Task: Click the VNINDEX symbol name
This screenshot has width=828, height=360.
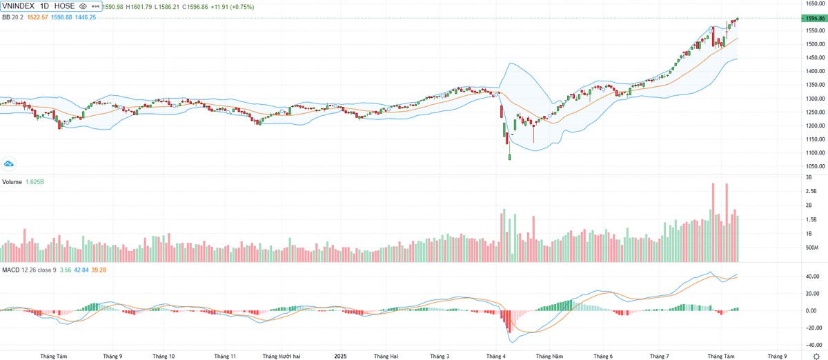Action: point(19,6)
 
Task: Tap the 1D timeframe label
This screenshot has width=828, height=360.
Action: point(44,6)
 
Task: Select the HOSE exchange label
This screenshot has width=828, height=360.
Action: point(64,6)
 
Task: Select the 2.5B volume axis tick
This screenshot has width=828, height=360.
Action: point(811,191)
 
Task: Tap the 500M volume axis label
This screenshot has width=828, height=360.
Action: point(812,248)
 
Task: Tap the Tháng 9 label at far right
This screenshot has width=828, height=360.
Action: point(776,357)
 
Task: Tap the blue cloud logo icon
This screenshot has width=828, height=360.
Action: point(9,163)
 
